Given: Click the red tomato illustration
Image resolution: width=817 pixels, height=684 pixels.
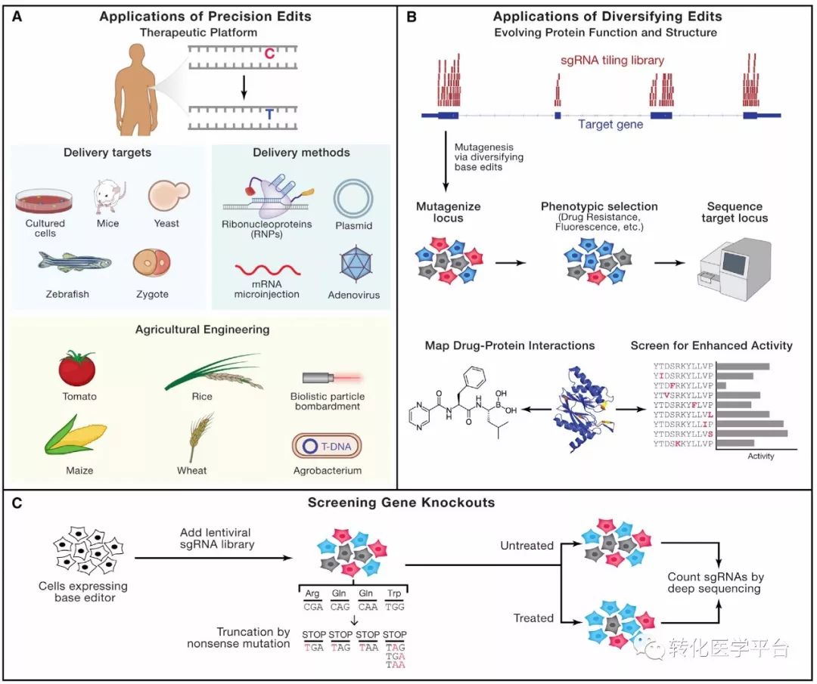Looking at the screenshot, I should click(x=77, y=370).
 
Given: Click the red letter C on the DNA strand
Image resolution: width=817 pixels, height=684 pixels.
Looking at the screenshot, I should click(x=269, y=54).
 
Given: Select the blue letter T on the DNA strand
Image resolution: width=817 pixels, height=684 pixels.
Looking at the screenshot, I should click(x=269, y=114).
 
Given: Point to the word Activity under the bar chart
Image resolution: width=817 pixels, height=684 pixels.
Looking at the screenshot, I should click(x=760, y=456).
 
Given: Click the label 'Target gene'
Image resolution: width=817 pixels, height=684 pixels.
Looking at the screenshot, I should click(x=610, y=124).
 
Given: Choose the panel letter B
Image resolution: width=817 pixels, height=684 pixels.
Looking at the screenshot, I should click(x=412, y=15).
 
